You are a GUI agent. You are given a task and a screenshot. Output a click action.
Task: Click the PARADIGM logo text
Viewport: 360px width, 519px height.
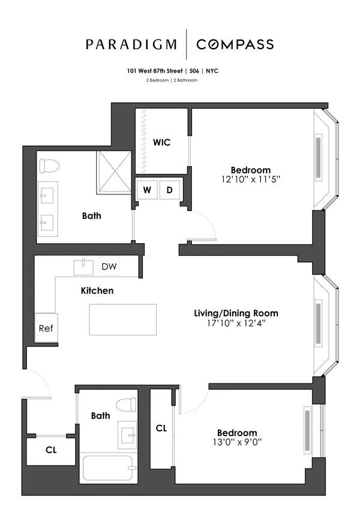[x=131, y=44]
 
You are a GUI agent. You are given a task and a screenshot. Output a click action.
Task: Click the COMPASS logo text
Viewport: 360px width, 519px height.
[x=235, y=44]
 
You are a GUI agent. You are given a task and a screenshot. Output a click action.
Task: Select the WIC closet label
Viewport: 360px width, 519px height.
[x=161, y=142]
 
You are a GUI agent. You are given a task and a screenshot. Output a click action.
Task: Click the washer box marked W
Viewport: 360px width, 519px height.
[x=147, y=190]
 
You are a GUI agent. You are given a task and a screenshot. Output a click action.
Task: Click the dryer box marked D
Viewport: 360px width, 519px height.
[x=170, y=190]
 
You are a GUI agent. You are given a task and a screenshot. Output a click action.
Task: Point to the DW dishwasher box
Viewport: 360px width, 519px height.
[x=109, y=266]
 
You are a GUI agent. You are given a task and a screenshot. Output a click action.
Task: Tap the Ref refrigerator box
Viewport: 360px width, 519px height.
[x=46, y=328]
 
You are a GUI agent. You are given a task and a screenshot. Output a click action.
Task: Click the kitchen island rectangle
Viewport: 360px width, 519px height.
[x=123, y=319]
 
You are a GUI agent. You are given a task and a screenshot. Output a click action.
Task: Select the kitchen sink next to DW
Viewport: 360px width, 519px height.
[x=83, y=266]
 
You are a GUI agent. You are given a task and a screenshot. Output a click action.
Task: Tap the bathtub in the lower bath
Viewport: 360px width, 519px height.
[x=108, y=468]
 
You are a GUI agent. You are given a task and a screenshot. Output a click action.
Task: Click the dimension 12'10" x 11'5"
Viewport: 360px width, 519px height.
[x=251, y=179]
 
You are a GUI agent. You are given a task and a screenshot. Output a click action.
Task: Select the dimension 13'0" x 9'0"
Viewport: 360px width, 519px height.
[x=237, y=443]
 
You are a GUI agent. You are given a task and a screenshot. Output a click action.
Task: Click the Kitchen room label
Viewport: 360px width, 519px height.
[x=97, y=290]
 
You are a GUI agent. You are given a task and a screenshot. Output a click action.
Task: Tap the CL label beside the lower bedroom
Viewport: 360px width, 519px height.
[x=161, y=428]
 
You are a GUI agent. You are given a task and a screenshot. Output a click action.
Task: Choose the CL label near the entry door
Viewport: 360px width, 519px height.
[x=51, y=449]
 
